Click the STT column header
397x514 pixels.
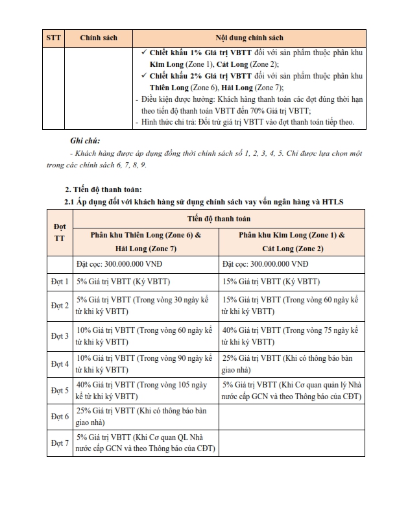54,38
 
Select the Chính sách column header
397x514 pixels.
98,38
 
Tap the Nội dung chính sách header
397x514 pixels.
249,38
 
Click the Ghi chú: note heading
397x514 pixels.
85,141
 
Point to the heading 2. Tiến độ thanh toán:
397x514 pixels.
102,190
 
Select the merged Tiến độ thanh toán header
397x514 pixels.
219,220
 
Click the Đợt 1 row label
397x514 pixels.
59,282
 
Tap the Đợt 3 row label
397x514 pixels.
59,336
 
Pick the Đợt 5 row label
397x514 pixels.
59,391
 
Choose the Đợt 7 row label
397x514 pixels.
59,443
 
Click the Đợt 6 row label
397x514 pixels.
59,416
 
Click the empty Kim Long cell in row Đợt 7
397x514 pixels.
291,443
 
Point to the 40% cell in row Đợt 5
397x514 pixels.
145,391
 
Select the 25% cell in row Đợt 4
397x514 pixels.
291,363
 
